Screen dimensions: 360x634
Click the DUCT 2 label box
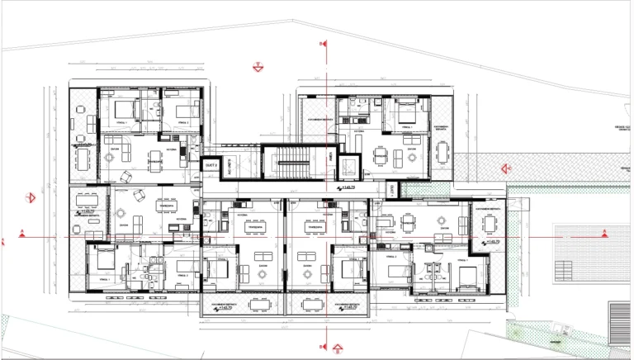tap(211, 164)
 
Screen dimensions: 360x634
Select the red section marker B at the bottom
tap(337, 348)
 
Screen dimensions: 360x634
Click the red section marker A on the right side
tap(604, 231)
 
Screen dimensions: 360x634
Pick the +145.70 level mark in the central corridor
tap(347, 188)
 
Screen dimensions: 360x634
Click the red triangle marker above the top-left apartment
tap(258, 64)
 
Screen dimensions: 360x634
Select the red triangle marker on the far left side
tap(31, 197)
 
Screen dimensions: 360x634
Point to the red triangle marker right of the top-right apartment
tap(504, 168)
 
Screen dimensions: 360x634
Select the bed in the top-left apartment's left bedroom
tap(125, 110)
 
